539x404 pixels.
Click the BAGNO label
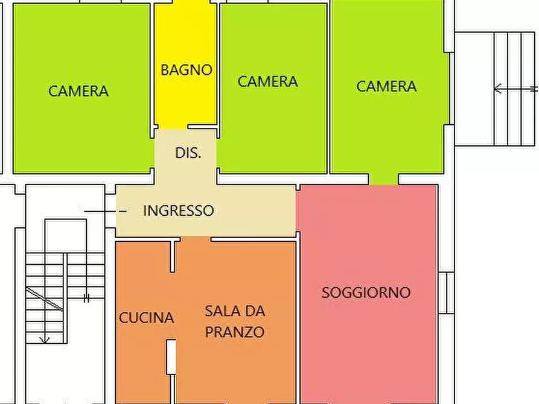click(x=186, y=70)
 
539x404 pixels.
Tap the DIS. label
click(x=188, y=153)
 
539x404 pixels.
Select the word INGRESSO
click(x=178, y=211)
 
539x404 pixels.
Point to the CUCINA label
click(x=146, y=318)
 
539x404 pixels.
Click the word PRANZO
click(x=234, y=332)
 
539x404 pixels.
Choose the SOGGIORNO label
click(x=366, y=293)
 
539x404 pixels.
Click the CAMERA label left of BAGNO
click(x=78, y=92)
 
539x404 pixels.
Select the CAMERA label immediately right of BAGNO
click(x=267, y=82)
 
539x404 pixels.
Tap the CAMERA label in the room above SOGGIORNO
click(x=386, y=86)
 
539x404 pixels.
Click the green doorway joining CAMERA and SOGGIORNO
click(x=383, y=178)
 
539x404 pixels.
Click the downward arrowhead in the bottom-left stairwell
click(x=45, y=339)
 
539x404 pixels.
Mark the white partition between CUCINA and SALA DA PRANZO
click(x=171, y=356)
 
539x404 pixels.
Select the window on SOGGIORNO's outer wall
click(x=445, y=292)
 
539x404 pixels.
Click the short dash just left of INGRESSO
click(x=123, y=212)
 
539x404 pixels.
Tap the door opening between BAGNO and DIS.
click(x=173, y=128)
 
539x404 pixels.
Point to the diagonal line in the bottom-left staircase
click(x=44, y=299)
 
